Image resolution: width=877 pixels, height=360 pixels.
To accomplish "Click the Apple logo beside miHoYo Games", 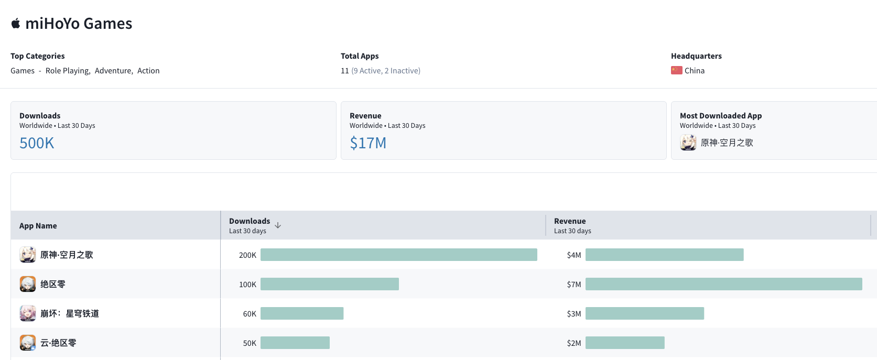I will click(16, 24).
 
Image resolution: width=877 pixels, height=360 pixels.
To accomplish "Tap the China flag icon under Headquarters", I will click(676, 70).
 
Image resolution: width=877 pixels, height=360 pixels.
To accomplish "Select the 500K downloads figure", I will click(37, 143).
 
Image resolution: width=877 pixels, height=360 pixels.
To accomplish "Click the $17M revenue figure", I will click(368, 143).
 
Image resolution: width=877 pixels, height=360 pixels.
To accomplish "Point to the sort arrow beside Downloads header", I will click(278, 225).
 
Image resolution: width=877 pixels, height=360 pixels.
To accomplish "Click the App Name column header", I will click(38, 226).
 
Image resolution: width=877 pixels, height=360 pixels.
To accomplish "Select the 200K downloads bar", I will click(398, 255).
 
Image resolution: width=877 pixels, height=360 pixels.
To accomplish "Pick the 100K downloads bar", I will click(329, 284).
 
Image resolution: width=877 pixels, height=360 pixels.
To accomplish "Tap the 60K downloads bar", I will click(302, 313).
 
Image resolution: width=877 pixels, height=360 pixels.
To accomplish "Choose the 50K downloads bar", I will click(295, 343).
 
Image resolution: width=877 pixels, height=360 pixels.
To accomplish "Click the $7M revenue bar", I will click(723, 284).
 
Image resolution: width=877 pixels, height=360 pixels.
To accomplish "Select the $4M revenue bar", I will click(664, 255).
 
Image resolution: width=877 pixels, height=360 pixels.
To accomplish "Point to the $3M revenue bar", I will click(644, 313).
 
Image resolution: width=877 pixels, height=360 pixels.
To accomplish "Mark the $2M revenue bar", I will click(625, 343).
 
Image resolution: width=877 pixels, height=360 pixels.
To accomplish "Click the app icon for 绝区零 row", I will click(28, 284).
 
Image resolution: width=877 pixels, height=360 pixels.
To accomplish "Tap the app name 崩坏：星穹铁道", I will click(70, 313).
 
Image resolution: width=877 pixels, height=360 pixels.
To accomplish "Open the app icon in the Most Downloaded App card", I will click(688, 143).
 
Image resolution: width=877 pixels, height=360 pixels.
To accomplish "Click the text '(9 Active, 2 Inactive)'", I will click(386, 71).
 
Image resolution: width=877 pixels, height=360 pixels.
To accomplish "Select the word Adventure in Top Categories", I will click(113, 71).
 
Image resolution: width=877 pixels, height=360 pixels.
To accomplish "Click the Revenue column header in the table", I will click(570, 221).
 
